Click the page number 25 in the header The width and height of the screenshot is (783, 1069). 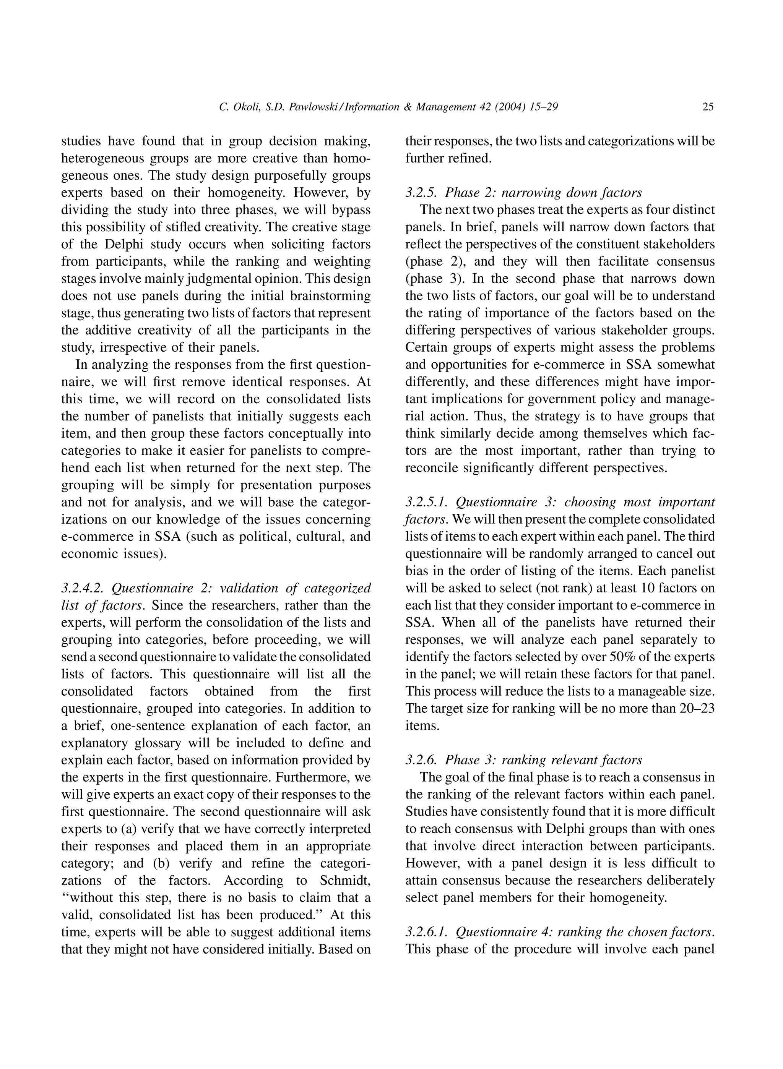click(708, 107)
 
